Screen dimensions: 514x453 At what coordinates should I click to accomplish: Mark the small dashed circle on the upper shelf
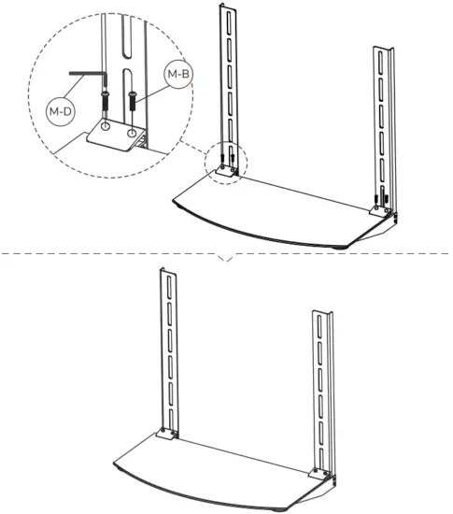click(x=229, y=164)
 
